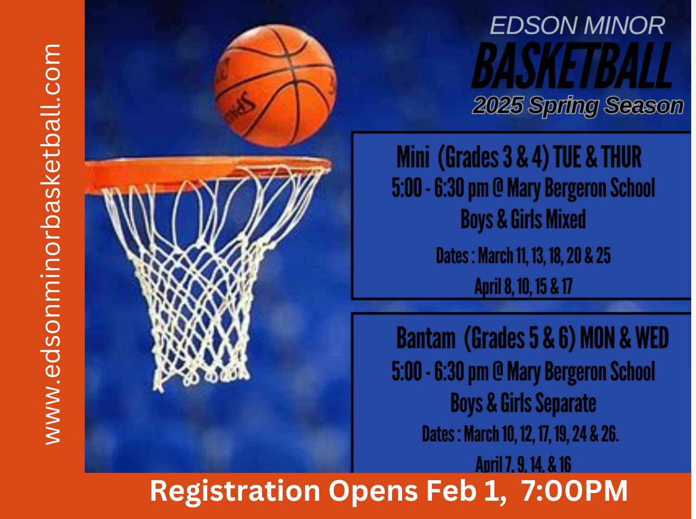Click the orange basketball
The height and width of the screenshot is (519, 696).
[x=276, y=86]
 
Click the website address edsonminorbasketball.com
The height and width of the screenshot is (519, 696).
[x=52, y=245]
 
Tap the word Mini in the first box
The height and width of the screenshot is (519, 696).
[x=413, y=157]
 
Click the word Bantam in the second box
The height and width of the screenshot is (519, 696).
[x=426, y=338]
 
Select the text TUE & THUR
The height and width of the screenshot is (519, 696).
[x=597, y=157]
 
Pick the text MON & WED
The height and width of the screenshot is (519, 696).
[x=624, y=338]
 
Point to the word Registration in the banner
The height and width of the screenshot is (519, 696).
[x=235, y=491]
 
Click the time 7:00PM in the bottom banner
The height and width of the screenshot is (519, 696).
[x=574, y=491]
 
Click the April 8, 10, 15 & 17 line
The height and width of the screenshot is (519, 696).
[x=523, y=286]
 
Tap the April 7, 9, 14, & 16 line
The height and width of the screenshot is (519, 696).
[x=523, y=464]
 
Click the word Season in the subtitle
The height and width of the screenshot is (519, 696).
[x=644, y=105]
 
